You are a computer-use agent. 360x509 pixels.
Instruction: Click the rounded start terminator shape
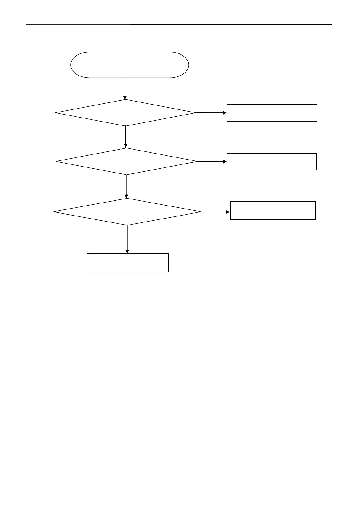pos(130,65)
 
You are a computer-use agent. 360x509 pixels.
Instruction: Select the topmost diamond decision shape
pos(126,113)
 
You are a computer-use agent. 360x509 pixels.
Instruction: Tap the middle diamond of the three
pos(127,161)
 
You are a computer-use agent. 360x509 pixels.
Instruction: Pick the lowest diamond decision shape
pos(127,212)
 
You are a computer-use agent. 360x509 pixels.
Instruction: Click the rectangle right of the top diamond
pos(272,113)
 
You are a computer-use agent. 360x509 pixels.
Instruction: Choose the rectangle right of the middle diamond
pos(271,161)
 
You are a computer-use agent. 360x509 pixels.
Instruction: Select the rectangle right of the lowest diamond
pos(273,210)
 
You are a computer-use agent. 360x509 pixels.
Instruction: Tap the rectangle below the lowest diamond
pos(128,263)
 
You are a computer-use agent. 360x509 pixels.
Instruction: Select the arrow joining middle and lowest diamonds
pos(126,186)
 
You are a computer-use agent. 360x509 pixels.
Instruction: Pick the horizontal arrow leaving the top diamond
pos(211,113)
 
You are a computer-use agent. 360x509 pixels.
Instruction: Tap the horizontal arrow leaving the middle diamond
pos(212,162)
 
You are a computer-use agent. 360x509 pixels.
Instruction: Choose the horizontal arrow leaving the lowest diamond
pos(215,212)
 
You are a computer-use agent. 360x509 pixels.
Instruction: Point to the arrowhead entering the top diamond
pos(125,97)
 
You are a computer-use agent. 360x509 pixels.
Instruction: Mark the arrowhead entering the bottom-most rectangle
pos(127,251)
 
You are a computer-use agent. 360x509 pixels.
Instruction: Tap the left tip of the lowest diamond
pos(54,212)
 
